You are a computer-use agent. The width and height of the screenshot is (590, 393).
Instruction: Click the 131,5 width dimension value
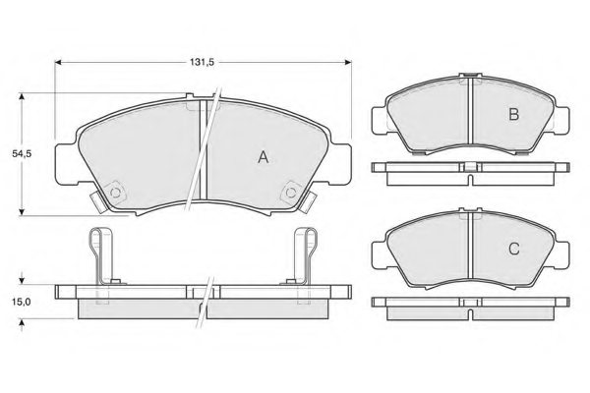click(x=203, y=62)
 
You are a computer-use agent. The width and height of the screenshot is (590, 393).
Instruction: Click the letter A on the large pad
click(x=263, y=157)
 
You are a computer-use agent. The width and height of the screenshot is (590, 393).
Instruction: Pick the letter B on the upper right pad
click(x=512, y=115)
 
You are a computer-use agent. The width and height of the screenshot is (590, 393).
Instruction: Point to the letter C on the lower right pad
click(x=512, y=249)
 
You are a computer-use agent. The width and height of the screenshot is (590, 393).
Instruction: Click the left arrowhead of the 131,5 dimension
click(x=58, y=62)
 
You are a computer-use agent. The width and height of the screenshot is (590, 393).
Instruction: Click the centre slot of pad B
click(x=470, y=116)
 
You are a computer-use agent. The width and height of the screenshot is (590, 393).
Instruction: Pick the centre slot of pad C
click(x=470, y=250)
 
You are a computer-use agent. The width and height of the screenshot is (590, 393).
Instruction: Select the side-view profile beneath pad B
click(x=470, y=169)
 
